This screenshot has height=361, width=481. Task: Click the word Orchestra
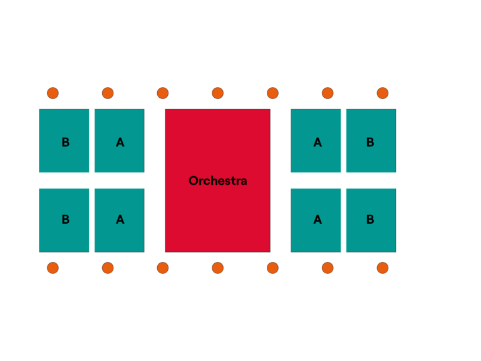[218, 180]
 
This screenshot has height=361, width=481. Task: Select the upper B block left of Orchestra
[64, 140]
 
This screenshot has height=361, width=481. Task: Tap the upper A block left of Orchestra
[120, 140]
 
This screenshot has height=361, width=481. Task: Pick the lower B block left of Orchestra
[64, 221]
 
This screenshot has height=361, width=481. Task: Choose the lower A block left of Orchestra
[120, 221]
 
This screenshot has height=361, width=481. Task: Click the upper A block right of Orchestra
[316, 140]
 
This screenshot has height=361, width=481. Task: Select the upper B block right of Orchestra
[371, 140]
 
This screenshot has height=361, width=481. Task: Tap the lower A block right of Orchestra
[316, 221]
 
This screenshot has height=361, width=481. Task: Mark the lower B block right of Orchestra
[371, 221]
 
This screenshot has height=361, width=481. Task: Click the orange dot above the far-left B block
[53, 93]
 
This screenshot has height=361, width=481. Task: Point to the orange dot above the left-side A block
[108, 93]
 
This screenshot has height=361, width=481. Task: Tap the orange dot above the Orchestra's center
[218, 93]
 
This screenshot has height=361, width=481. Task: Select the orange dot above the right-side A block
[328, 93]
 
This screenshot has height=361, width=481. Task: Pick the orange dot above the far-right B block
[383, 93]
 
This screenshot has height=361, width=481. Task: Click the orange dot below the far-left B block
[53, 268]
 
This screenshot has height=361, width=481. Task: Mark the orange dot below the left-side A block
[108, 268]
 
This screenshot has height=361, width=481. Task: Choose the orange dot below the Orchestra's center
[218, 268]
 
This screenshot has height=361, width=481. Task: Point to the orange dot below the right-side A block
[328, 268]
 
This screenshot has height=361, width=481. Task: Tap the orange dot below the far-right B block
[383, 268]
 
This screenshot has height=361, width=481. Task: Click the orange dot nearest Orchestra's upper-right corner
[272, 93]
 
